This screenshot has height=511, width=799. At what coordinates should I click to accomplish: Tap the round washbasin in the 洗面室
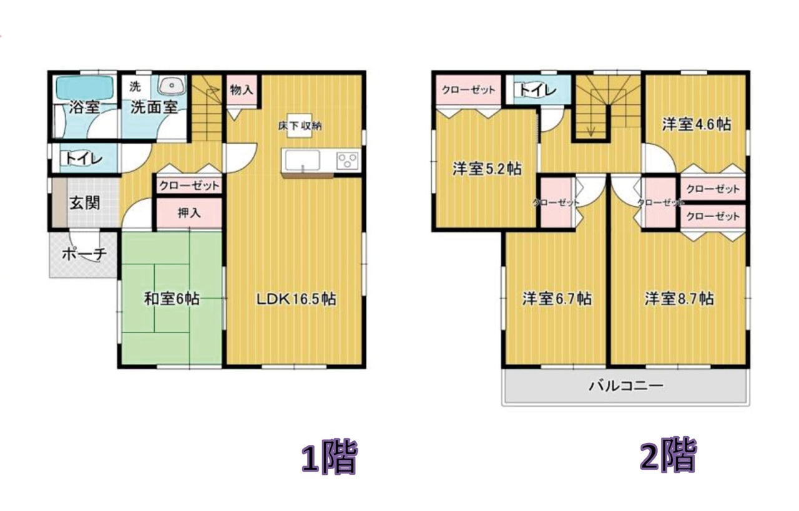[172, 85]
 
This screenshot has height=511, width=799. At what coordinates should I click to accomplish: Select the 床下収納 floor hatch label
[300, 126]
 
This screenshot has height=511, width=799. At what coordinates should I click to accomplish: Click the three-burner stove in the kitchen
[347, 160]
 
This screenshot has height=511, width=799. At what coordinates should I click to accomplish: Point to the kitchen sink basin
[301, 160]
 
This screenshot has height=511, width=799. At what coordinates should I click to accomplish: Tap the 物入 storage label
[242, 90]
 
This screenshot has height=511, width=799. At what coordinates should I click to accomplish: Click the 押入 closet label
[189, 213]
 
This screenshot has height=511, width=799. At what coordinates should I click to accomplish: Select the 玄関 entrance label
[84, 203]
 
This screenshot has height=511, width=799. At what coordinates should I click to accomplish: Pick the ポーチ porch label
[84, 254]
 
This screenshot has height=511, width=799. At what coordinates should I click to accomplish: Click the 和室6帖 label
[172, 299]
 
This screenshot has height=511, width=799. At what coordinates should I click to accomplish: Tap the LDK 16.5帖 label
[297, 299]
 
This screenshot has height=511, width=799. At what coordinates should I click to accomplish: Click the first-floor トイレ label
[84, 158]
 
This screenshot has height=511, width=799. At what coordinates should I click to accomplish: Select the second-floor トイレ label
[537, 90]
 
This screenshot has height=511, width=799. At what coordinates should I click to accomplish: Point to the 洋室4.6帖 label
[697, 124]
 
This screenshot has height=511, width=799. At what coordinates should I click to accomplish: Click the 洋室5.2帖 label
[488, 168]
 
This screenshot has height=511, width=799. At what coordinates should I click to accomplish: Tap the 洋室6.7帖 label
[557, 299]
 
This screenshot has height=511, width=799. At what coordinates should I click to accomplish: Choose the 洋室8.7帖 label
[679, 299]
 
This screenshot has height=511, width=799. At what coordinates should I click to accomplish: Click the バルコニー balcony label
[626, 386]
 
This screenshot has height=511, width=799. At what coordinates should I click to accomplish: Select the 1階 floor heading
[329, 457]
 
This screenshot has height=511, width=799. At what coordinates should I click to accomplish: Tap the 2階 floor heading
[668, 455]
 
